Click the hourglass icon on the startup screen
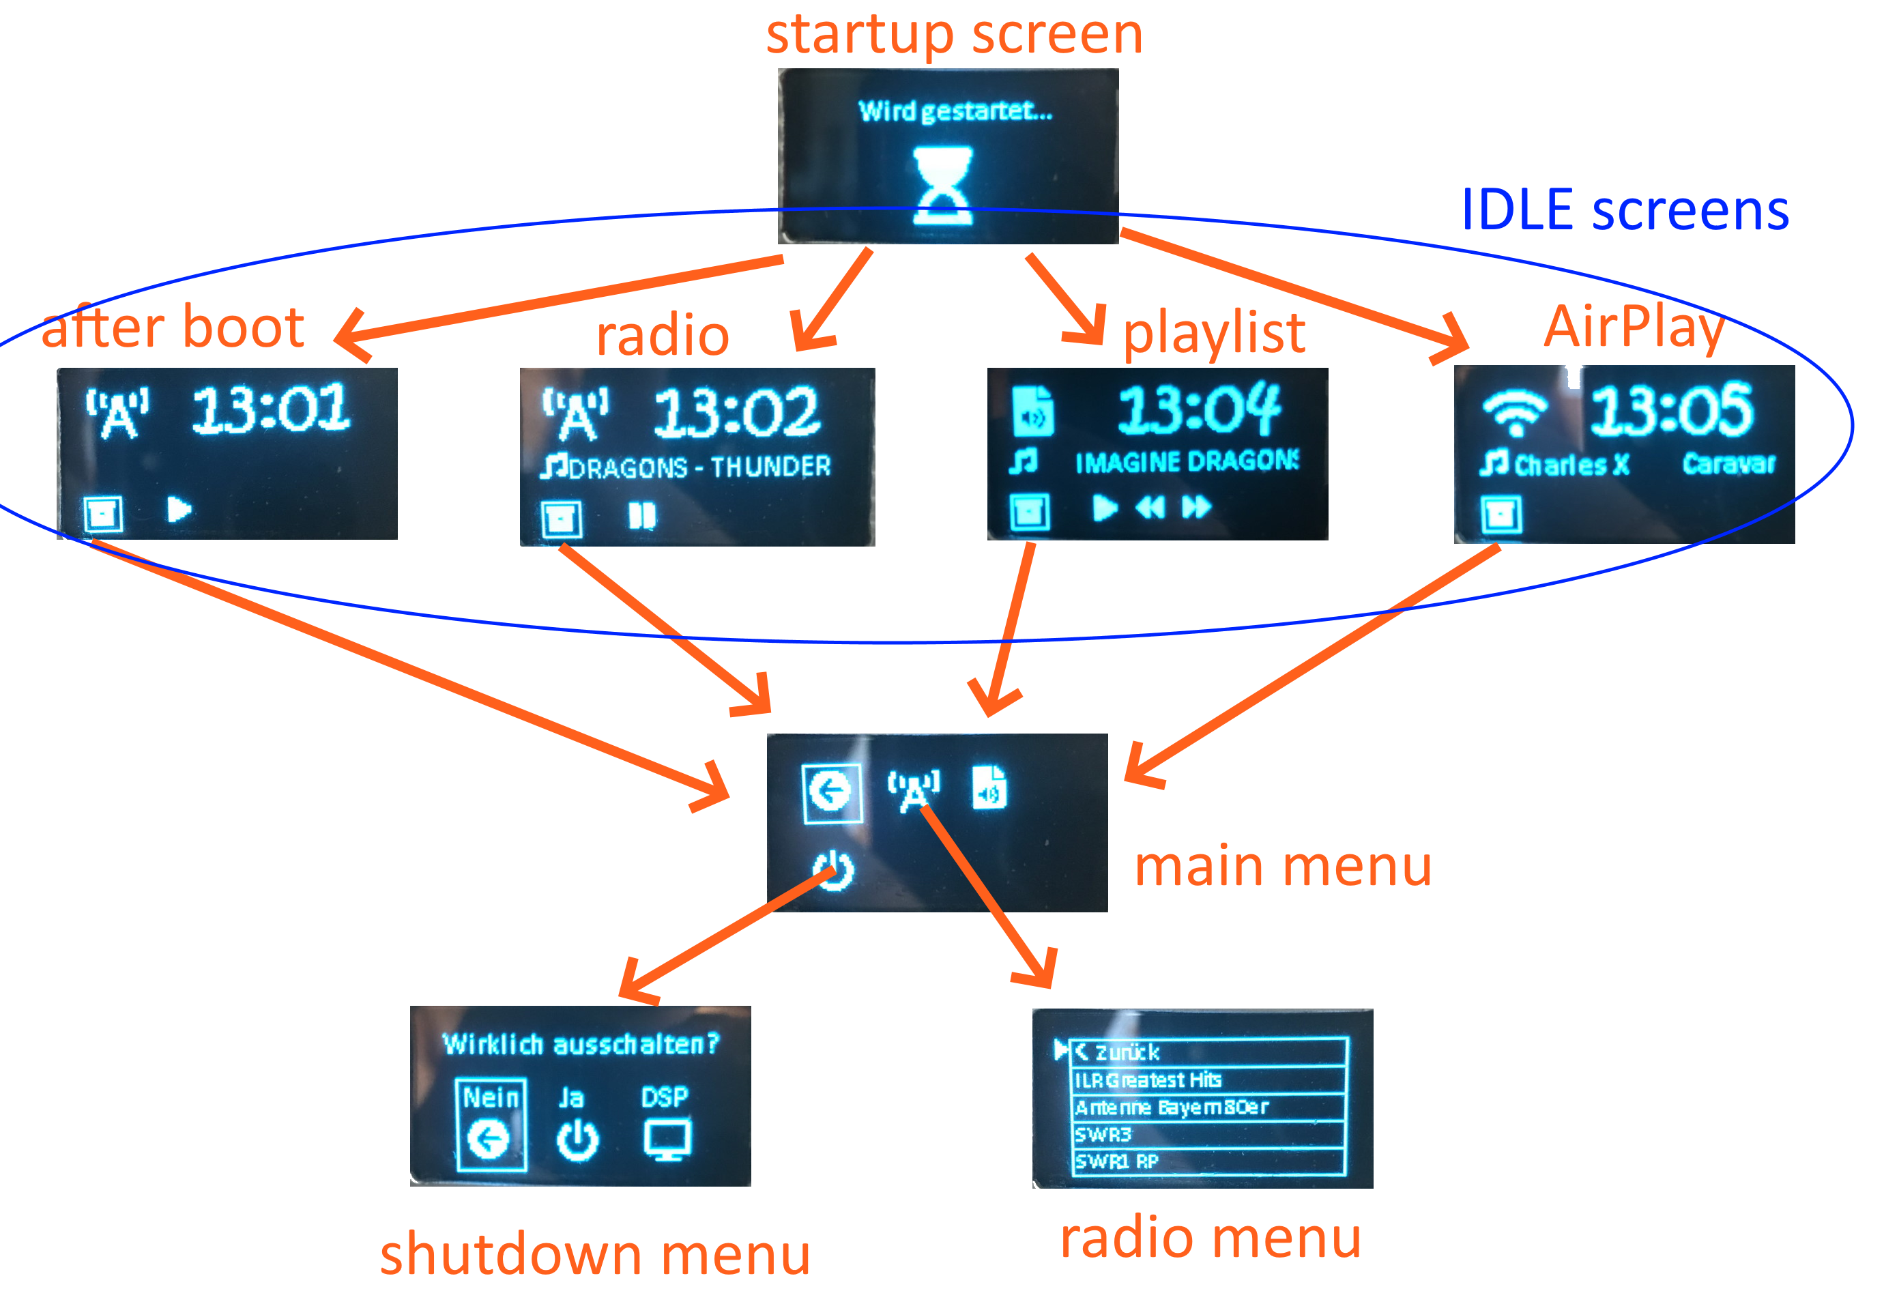[x=941, y=185]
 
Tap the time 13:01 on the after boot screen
[x=271, y=409]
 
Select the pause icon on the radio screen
[x=642, y=516]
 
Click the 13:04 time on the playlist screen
[x=1198, y=409]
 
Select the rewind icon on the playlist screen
[x=1150, y=508]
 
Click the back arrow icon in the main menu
[x=831, y=792]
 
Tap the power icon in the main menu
[x=833, y=871]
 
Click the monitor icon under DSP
[x=667, y=1139]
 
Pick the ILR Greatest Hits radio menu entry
[x=1148, y=1080]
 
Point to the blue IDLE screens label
[x=1625, y=211]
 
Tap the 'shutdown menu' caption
[x=595, y=1254]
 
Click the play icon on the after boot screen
[x=178, y=510]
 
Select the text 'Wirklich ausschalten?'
[x=581, y=1043]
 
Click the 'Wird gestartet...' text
[x=955, y=111]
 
